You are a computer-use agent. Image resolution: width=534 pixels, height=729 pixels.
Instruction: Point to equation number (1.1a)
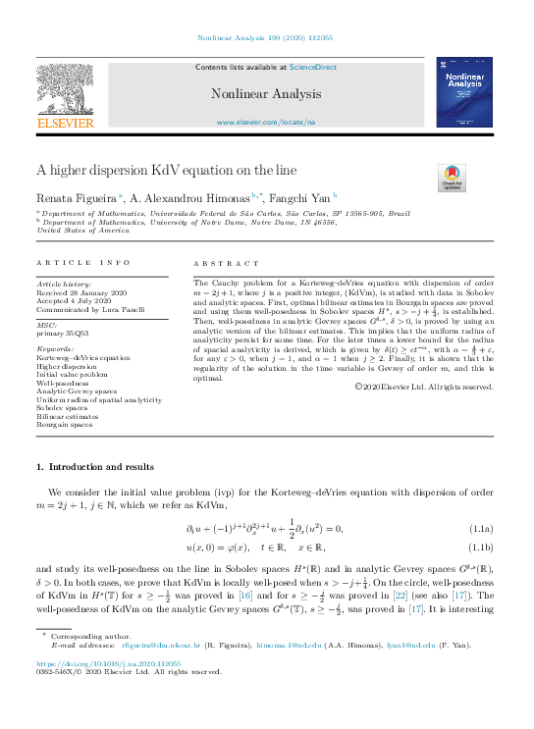[x=481, y=531]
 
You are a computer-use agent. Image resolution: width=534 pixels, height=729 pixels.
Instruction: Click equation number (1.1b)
[x=481, y=547]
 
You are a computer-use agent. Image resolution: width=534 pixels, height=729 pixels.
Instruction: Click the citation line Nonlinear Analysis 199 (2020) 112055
[x=267, y=38]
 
